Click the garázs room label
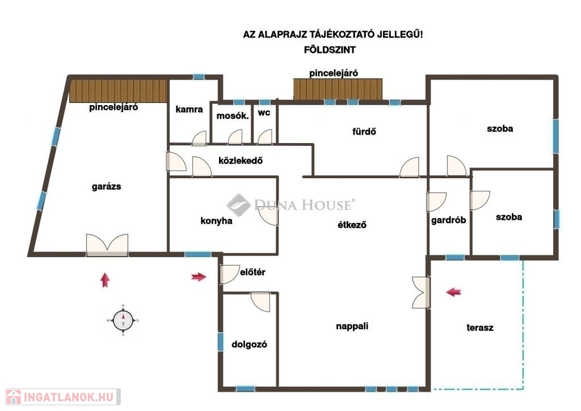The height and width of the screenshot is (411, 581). coord(106,186)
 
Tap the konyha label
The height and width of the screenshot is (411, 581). coord(216,221)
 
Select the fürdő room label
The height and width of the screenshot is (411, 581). coord(364,132)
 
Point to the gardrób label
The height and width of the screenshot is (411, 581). coord(448,220)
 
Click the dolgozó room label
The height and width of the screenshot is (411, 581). coord(249,344)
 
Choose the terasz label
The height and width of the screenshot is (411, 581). coord(480,328)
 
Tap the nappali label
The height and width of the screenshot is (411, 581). coord(352,326)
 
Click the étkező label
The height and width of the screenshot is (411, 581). coord(352,225)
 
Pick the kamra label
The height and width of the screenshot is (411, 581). coord(189,110)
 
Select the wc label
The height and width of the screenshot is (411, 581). coord(264,112)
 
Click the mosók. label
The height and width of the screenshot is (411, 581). coord(232,116)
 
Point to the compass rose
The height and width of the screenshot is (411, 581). coord(123,321)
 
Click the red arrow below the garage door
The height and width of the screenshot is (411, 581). coord(105,280)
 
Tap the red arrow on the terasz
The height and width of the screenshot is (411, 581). coord(453,292)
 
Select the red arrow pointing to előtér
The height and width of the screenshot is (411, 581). coord(199,276)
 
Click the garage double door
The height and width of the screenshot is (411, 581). coord(107,245)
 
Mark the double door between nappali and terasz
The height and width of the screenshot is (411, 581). coord(422,292)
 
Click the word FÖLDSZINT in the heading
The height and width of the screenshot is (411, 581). coord(330,49)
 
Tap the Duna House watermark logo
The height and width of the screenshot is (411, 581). coord(291,205)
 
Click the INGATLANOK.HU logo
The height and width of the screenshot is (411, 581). coord(62,397)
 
